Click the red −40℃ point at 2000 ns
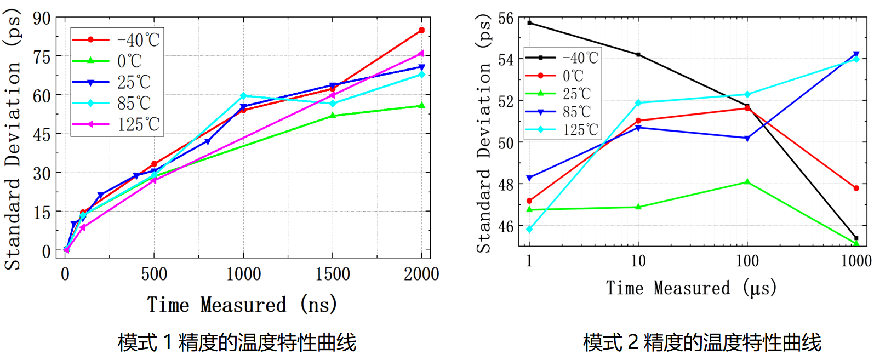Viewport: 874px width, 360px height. [x=421, y=31]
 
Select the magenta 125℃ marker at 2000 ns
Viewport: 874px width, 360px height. [x=421, y=53]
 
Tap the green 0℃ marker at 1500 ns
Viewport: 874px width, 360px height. [x=333, y=116]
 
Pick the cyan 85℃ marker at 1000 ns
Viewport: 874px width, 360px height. [x=244, y=96]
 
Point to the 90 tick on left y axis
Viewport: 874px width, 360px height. [x=42, y=18]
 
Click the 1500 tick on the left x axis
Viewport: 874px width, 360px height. [x=333, y=274]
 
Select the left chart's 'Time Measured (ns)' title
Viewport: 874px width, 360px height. [x=242, y=305]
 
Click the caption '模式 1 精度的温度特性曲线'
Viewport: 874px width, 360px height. [x=237, y=343]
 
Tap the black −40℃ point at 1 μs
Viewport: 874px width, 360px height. [x=529, y=23]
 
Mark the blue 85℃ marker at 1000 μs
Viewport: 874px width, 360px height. [x=856, y=55]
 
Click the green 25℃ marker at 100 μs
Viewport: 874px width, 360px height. [x=747, y=182]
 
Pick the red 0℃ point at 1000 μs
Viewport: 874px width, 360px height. [x=856, y=188]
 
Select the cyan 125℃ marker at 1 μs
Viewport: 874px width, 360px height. [x=529, y=230]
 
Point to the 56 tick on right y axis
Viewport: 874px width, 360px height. [x=506, y=19]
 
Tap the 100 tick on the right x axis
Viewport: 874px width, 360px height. [x=747, y=261]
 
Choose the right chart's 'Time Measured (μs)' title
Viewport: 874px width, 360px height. [x=691, y=288]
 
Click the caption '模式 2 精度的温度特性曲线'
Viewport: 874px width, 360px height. [x=702, y=343]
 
